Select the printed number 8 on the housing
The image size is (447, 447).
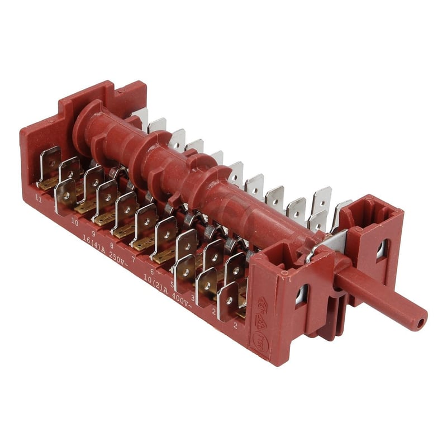coord(112,245)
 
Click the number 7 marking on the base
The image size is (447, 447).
coord(133,259)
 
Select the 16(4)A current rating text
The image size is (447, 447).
coord(93,244)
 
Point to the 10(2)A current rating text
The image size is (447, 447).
coord(155,282)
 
